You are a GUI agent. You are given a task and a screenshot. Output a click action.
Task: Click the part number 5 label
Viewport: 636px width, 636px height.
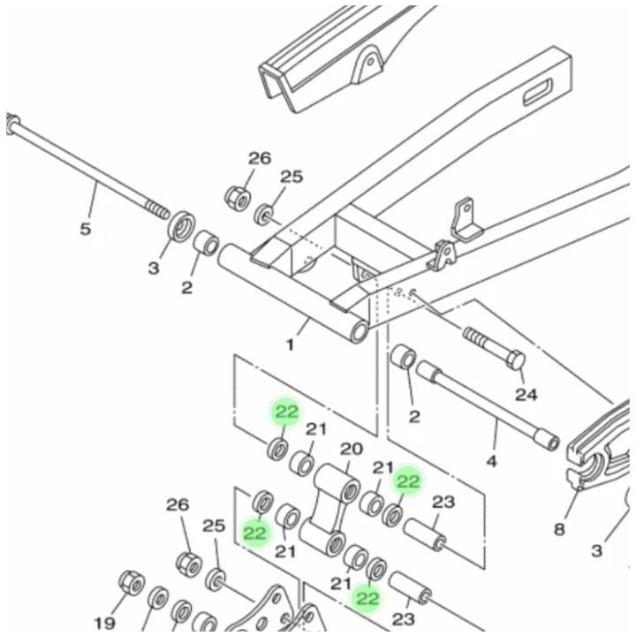coord(85,229)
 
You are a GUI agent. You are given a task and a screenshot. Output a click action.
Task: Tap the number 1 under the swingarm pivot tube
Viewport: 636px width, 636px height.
coord(290,345)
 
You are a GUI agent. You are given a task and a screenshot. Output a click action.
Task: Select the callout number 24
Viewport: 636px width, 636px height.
coord(526,394)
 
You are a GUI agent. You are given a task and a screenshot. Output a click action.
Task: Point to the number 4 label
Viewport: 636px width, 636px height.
coord(491,461)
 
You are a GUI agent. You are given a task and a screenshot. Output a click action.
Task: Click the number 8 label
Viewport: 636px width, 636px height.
coord(559,529)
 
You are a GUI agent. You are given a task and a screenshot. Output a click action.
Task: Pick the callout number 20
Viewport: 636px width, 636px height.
coord(352,449)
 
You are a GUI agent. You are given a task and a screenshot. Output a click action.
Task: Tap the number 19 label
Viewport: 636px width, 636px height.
coord(104,623)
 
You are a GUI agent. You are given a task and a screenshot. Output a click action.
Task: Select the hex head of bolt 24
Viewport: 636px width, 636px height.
coord(517,360)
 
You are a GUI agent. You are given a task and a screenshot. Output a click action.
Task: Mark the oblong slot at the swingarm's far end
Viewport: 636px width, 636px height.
coord(537,92)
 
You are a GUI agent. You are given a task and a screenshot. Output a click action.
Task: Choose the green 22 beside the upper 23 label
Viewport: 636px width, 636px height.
coord(408,481)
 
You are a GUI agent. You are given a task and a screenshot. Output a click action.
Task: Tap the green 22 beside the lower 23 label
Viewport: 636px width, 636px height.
coord(367,598)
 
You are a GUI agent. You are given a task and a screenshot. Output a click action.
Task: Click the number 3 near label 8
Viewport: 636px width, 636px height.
coord(596,551)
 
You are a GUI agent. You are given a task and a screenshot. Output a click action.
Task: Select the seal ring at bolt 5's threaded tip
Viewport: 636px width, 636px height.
coord(181,227)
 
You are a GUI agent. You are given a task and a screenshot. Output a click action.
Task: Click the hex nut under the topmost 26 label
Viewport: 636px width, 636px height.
coord(238,197)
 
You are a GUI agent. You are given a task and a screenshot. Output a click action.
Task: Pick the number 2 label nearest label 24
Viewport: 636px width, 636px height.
coord(413,416)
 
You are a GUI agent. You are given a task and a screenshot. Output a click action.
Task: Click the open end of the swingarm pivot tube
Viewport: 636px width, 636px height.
coord(360,332)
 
